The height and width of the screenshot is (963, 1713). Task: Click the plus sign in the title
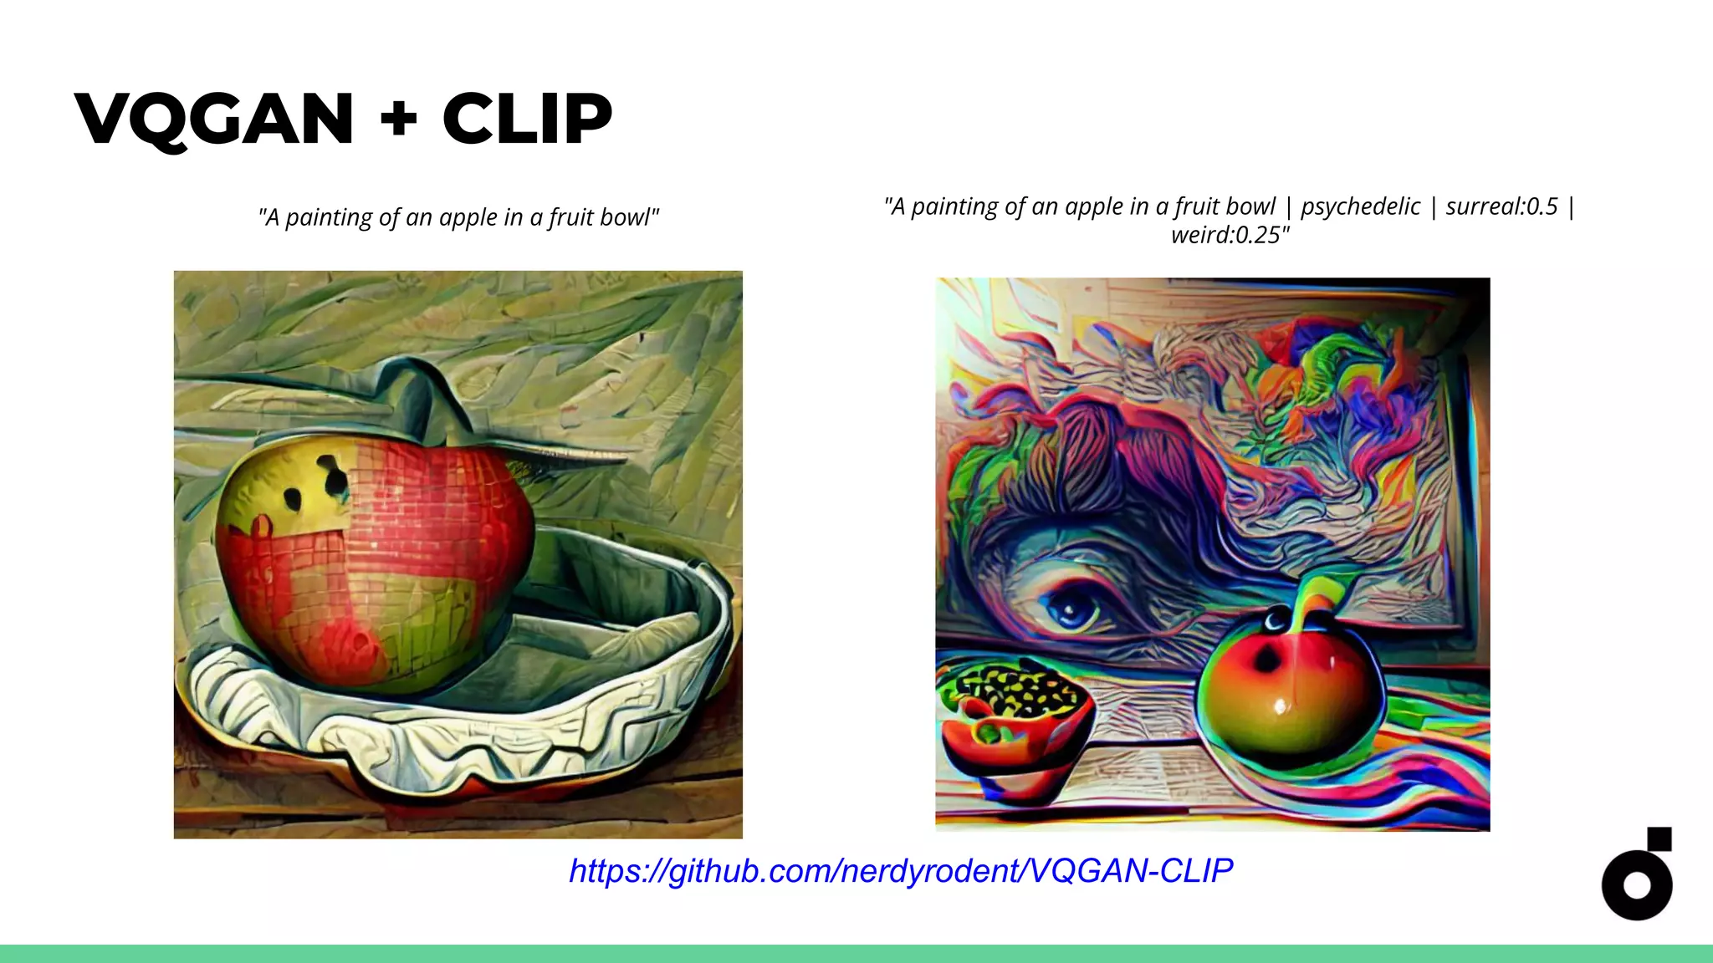(x=398, y=119)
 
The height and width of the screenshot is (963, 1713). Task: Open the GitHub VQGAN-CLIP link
(x=901, y=871)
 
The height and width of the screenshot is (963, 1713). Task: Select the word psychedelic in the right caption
(x=1360, y=206)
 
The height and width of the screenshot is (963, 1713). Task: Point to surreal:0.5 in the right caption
(x=1502, y=206)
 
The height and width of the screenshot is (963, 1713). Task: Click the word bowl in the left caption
(x=627, y=217)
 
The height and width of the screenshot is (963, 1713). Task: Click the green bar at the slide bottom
(x=856, y=954)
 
